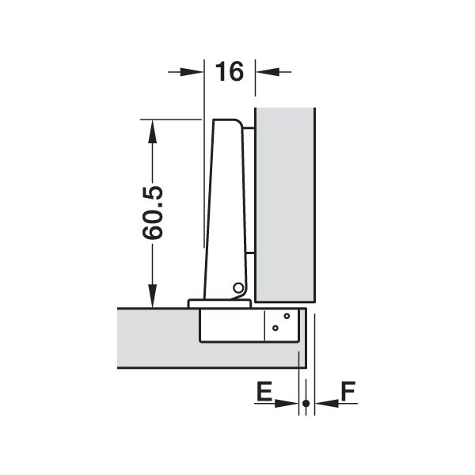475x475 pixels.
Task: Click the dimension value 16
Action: [229, 71]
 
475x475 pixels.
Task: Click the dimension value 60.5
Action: [152, 213]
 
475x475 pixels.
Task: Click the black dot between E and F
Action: [306, 403]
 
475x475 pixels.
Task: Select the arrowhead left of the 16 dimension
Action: [192, 72]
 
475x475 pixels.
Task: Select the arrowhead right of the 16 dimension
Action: [268, 72]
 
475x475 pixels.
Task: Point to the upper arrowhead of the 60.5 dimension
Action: [152, 131]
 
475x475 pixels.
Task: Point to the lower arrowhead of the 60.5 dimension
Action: [152, 295]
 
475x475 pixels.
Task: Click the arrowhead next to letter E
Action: [287, 403]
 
